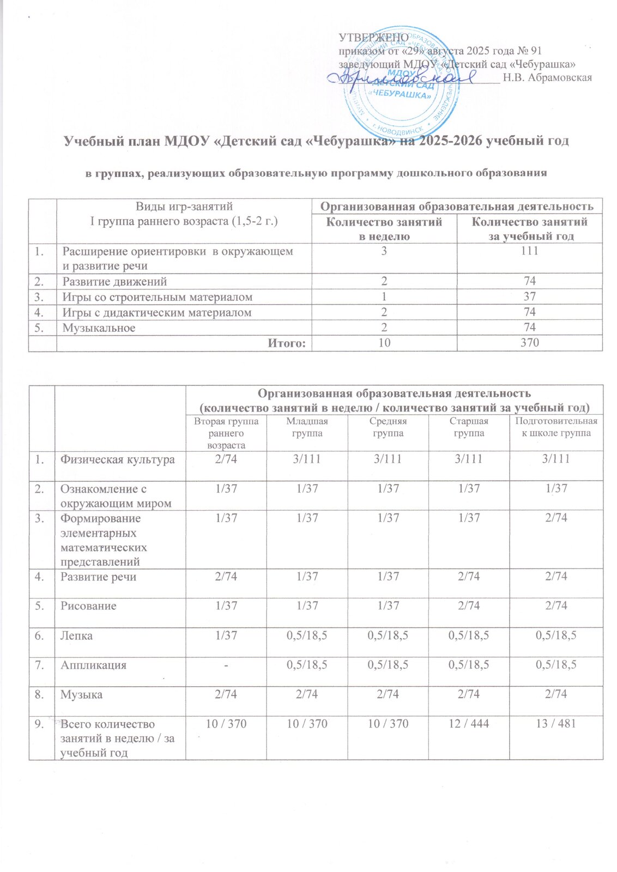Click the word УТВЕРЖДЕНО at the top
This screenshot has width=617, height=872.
coord(370,38)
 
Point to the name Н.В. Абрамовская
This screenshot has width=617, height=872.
coord(547,77)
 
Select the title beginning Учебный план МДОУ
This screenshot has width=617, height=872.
coord(317,141)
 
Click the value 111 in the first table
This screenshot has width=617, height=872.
coord(529,251)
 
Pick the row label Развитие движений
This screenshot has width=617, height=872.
coord(114,282)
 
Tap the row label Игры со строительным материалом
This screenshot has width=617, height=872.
coord(158,297)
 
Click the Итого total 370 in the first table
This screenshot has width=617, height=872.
coord(529,343)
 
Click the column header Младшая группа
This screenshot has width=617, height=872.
coord(307,427)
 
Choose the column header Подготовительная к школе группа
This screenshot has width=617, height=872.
coord(556,427)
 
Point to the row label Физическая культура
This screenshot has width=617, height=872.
coord(118,459)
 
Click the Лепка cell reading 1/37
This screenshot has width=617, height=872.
coord(226,635)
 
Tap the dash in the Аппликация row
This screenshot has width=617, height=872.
coord(226,665)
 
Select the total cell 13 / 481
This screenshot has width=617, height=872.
coord(556,724)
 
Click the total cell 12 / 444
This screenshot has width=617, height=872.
coord(469,724)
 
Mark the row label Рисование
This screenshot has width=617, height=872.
coord(88,606)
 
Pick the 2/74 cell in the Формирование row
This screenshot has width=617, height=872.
coord(556,518)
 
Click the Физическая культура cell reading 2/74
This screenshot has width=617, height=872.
coord(226,459)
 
